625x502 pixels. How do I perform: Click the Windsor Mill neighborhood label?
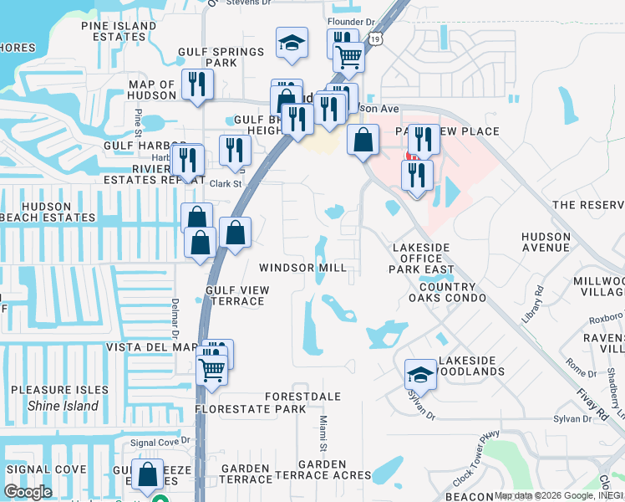click(x=302, y=268)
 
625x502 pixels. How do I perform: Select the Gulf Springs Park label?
click(x=221, y=57)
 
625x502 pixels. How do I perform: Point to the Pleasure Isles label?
click(x=59, y=390)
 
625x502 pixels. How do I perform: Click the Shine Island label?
click(x=63, y=407)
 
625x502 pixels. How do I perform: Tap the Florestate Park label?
click(x=251, y=410)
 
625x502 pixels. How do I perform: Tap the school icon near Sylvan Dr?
click(x=420, y=373)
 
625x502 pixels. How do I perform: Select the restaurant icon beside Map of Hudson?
click(x=197, y=84)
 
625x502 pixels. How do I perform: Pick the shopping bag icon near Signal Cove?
click(x=148, y=474)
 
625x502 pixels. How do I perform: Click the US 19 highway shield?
click(x=379, y=38)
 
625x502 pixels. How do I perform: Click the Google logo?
click(x=28, y=492)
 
